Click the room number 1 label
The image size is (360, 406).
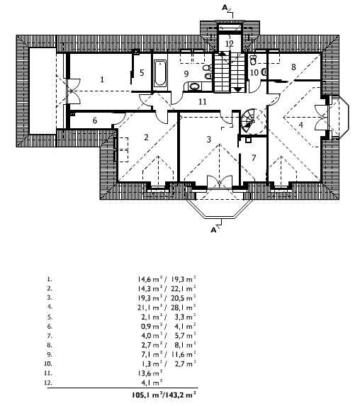click(102, 79)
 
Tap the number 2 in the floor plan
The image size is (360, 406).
click(146, 137)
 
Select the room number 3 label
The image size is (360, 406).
click(209, 140)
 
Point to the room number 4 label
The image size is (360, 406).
click(300, 125)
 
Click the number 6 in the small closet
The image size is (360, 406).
click(95, 120)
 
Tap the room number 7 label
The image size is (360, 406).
click(254, 157)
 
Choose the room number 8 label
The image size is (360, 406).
click(293, 67)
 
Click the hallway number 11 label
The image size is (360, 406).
click(203, 102)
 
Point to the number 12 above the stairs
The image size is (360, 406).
click(229, 43)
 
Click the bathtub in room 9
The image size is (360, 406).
click(160, 74)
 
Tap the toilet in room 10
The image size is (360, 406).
click(253, 60)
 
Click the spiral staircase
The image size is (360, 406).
click(252, 121)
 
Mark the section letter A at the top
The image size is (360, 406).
click(225, 8)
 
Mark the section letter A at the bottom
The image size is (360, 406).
click(213, 230)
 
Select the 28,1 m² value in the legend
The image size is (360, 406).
click(183, 308)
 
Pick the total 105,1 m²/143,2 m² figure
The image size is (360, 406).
click(164, 395)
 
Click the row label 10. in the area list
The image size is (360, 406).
click(48, 363)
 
